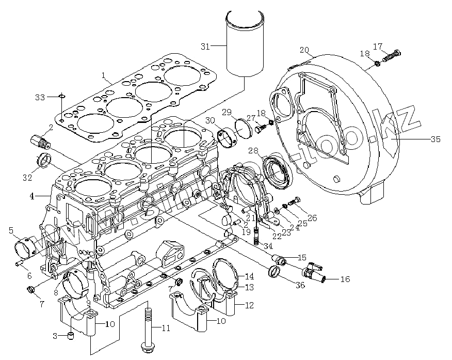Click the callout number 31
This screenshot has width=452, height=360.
(205, 46)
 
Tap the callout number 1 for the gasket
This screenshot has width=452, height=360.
(103, 79)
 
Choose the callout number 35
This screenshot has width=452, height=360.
(435, 139)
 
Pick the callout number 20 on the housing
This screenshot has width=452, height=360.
(304, 51)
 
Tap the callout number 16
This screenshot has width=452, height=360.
(345, 279)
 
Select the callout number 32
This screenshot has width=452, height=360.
(27, 178)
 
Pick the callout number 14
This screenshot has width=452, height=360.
(249, 276)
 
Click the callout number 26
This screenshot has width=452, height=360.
(312, 217)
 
